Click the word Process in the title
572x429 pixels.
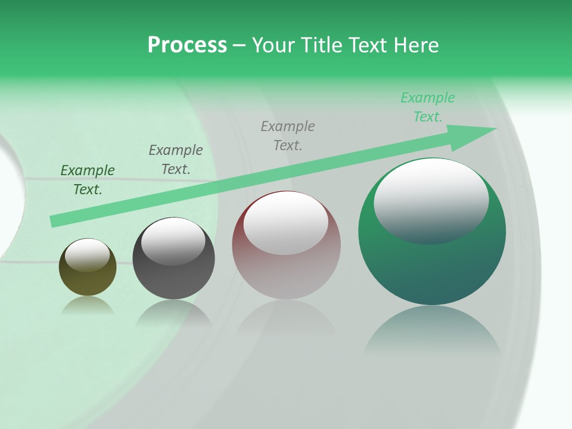point(187,45)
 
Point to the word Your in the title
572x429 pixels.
point(273,45)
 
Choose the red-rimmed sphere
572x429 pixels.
point(286,274)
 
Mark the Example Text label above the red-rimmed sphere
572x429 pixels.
point(288,135)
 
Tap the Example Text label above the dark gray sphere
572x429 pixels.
point(176,160)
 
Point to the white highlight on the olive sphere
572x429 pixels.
point(87,254)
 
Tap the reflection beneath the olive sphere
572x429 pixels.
point(88,305)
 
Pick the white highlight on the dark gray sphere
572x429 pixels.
point(173,240)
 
